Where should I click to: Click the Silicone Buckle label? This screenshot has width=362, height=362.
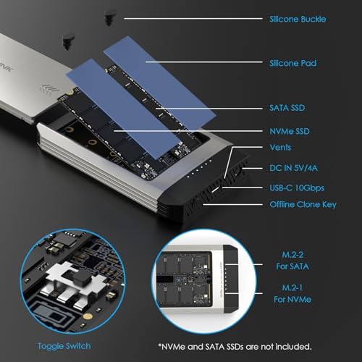pyautogui.click(x=298, y=19)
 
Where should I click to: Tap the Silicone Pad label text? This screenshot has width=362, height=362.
pyautogui.click(x=292, y=63)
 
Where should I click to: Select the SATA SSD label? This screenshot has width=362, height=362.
pyautogui.click(x=287, y=108)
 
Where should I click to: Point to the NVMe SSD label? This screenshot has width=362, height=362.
pyautogui.click(x=290, y=131)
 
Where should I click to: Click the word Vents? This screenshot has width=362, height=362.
pyautogui.click(x=280, y=147)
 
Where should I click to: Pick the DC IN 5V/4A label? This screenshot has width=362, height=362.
pyautogui.click(x=293, y=168)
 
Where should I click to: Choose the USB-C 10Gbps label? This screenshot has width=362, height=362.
pyautogui.click(x=297, y=188)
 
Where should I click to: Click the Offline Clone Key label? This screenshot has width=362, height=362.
pyautogui.click(x=303, y=204)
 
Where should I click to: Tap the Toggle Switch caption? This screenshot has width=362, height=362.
pyautogui.click(x=64, y=346)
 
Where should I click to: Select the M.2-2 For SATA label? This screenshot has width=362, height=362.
pyautogui.click(x=292, y=261)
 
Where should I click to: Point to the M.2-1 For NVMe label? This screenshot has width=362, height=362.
pyautogui.click(x=292, y=293)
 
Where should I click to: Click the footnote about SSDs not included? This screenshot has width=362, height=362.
pyautogui.click(x=235, y=347)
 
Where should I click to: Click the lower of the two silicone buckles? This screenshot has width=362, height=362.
pyautogui.click(x=68, y=42)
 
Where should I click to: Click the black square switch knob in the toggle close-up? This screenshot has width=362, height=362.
pyautogui.click(x=85, y=277)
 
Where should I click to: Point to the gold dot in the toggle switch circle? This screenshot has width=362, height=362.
pyautogui.click(x=87, y=316)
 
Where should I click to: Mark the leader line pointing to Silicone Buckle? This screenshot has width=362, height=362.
pyautogui.click(x=193, y=19)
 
